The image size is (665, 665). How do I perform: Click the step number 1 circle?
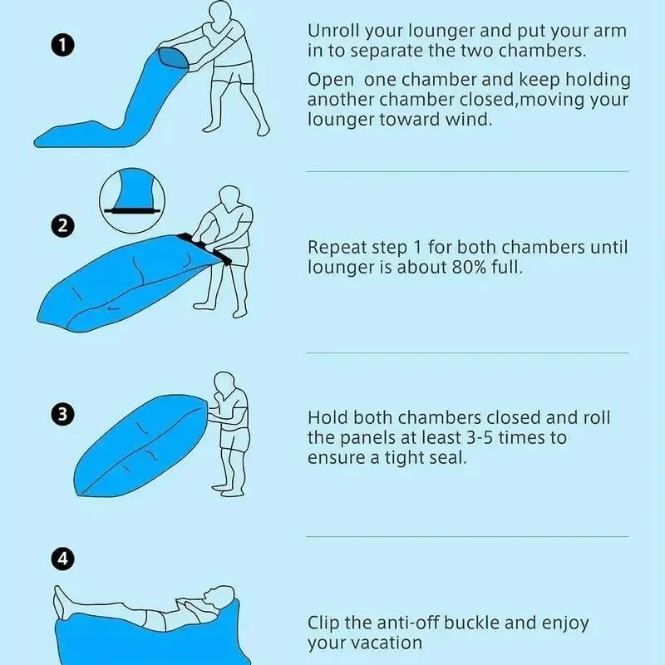tap(63, 45)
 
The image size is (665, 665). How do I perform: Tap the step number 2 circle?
tap(63, 225)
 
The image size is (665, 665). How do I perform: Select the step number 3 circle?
tap(63, 414)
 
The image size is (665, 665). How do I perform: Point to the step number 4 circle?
tap(63, 559)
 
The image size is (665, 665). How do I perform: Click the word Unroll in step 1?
tap(333, 31)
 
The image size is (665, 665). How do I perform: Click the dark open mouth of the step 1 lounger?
tap(173, 58)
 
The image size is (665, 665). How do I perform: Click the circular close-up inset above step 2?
tap(132, 200)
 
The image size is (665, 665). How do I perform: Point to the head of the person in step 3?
tap(224, 385)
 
